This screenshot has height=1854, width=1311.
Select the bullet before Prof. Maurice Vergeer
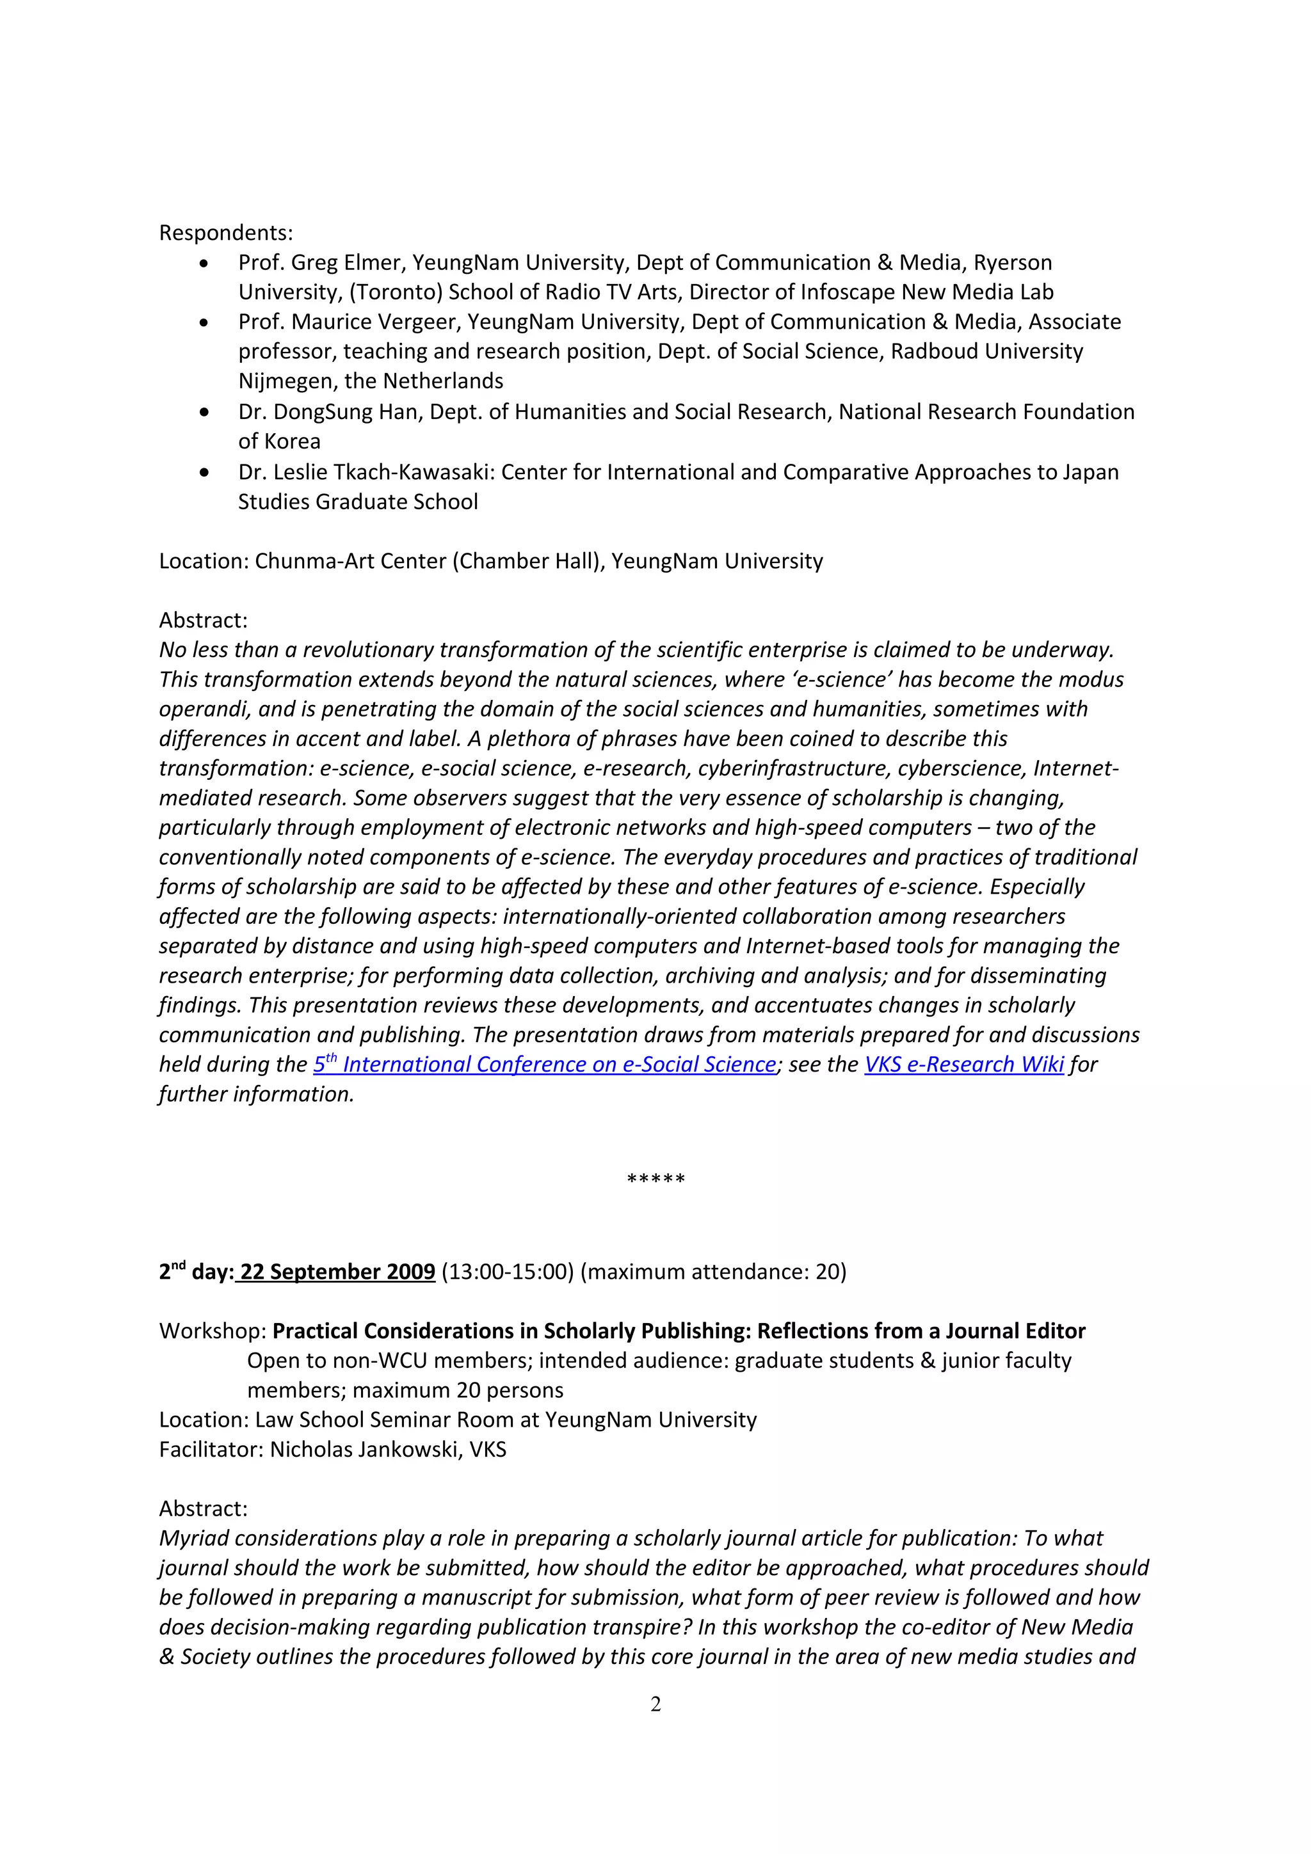pyautogui.click(x=204, y=322)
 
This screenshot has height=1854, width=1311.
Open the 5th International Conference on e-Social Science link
pyautogui.click(x=544, y=1065)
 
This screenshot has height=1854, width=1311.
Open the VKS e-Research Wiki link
pyautogui.click(x=963, y=1065)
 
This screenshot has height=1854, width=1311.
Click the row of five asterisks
pyautogui.click(x=655, y=1180)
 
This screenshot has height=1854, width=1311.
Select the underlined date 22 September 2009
pyautogui.click(x=337, y=1272)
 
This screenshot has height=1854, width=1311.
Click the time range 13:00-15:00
pyautogui.click(x=507, y=1272)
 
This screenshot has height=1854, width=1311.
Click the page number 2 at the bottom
pyautogui.click(x=655, y=1704)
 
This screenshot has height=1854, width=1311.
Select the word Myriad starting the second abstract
pyautogui.click(x=194, y=1538)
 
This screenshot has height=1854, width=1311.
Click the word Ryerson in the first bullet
pyautogui.click(x=1012, y=262)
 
